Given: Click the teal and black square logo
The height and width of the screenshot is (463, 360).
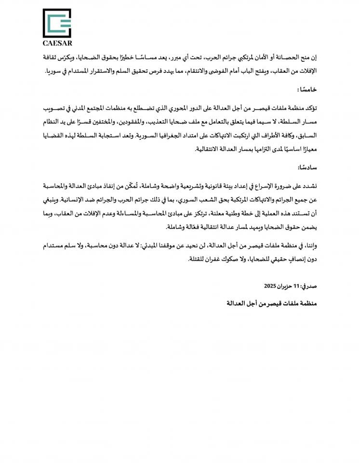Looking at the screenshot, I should [x=57, y=23].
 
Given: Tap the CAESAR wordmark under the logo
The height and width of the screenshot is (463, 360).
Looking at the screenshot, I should [x=57, y=42].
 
